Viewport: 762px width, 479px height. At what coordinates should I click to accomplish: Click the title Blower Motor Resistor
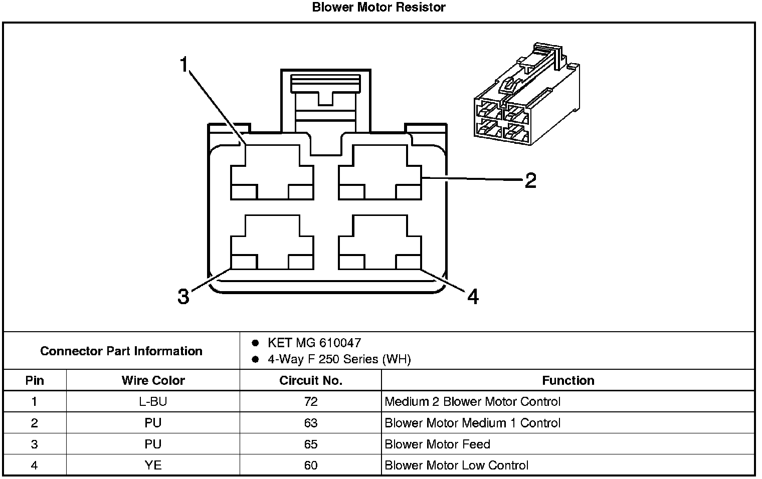point(378,7)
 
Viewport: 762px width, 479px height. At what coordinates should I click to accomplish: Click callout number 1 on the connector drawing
point(184,65)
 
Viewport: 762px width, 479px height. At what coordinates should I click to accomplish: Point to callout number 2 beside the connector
point(530,180)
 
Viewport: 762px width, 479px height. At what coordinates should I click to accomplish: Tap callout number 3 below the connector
point(183,297)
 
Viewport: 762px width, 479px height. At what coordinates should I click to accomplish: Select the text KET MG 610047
point(314,343)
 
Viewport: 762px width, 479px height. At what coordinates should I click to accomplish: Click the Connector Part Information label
point(121,351)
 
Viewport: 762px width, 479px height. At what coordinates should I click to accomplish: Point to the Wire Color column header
point(153,381)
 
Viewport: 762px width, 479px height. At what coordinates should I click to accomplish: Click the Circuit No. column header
point(310,381)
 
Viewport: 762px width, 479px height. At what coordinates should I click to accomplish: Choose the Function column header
point(568,381)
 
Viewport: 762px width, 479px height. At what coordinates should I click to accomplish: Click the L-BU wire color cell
point(153,402)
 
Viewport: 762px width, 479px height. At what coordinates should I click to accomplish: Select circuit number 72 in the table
point(310,402)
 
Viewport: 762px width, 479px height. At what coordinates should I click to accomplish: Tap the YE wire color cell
point(153,465)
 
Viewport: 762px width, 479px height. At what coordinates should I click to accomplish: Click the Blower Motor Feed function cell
point(437,444)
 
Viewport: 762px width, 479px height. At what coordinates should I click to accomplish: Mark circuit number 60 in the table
point(310,465)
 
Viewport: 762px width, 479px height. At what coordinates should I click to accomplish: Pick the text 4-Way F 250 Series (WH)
point(339,360)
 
